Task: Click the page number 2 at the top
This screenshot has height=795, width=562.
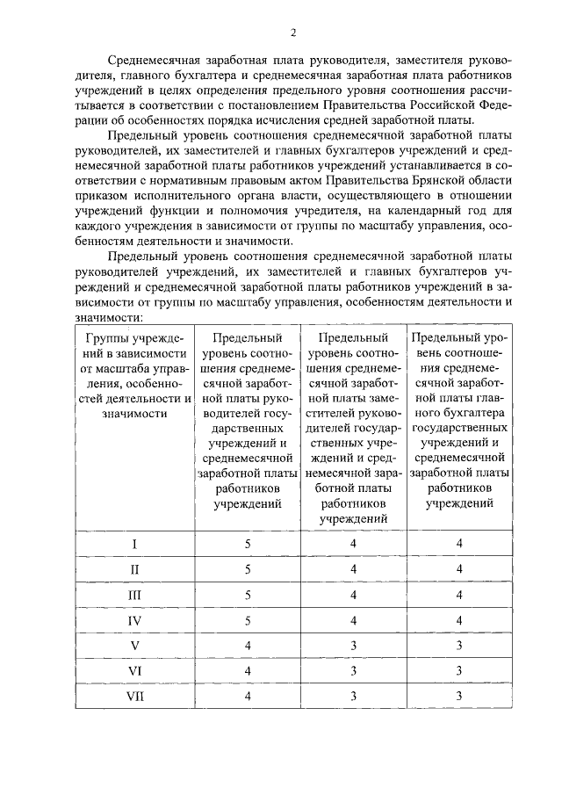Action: coord(293,33)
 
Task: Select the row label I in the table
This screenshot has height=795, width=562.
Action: coord(133,544)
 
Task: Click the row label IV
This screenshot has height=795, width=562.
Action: coord(133,620)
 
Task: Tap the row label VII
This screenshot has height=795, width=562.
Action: coord(133,697)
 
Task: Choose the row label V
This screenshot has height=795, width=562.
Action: coord(133,646)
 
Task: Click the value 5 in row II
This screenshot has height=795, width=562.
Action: coord(248,569)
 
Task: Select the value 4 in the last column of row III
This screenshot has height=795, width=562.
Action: coord(458,595)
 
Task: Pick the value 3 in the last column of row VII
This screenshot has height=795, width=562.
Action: coord(458,697)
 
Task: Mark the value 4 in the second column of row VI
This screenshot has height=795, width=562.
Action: coord(248,671)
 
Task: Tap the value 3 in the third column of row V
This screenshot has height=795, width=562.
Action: coord(353,646)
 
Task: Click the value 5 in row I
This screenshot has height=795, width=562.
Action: coord(248,544)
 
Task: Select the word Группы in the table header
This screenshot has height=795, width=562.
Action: coord(104,337)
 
